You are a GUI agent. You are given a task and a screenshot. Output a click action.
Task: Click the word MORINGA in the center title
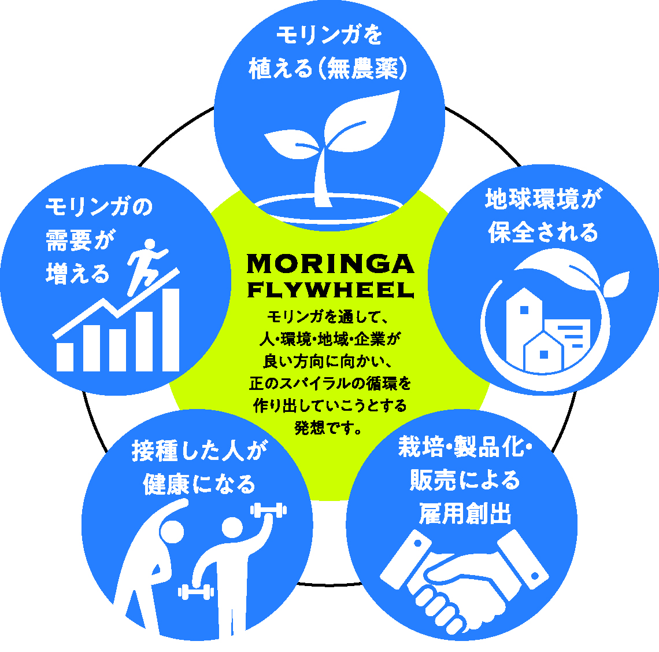[x=330, y=264]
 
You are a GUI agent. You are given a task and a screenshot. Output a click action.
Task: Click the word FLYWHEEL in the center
[x=330, y=289]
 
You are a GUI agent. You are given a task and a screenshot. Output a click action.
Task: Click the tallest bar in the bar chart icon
[x=170, y=329]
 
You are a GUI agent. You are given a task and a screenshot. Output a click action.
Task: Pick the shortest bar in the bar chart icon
[x=65, y=357]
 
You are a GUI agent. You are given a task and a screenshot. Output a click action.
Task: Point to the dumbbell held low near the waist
[x=196, y=592]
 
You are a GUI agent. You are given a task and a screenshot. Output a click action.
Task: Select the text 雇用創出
[x=465, y=513]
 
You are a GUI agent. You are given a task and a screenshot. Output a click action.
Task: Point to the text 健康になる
[x=199, y=483]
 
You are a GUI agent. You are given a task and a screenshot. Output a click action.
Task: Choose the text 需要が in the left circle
[x=77, y=240]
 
